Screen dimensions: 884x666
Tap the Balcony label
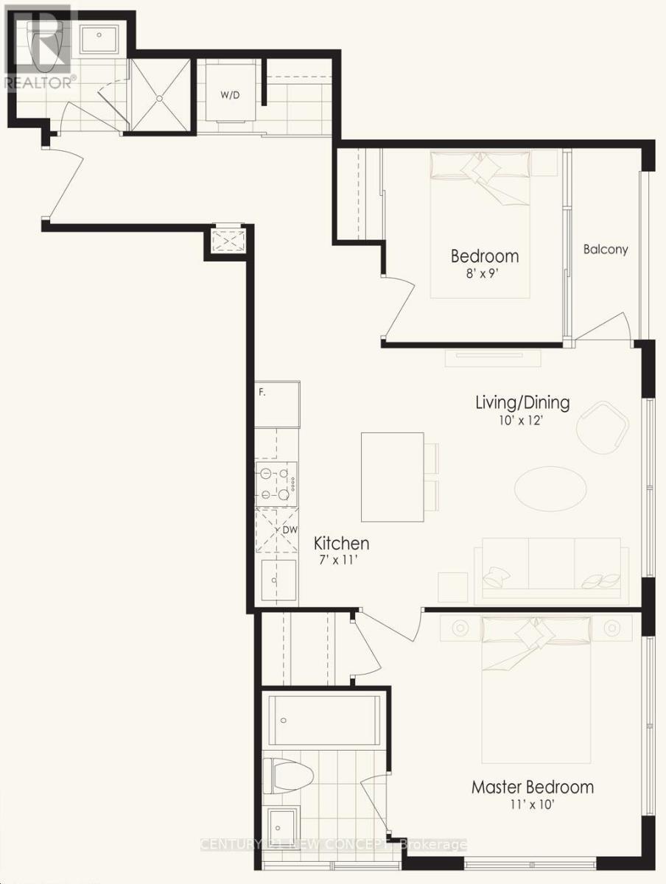click(606, 249)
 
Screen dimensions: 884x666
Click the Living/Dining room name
click(522, 403)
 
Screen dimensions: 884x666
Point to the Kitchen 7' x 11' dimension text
click(341, 561)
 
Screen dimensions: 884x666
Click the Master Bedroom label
click(532, 787)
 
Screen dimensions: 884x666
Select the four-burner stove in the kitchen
click(276, 483)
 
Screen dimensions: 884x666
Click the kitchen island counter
click(392, 477)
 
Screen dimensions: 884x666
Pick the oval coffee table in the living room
click(550, 488)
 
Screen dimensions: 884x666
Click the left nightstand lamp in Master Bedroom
click(460, 628)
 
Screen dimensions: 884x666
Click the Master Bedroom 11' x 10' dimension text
click(532, 804)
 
